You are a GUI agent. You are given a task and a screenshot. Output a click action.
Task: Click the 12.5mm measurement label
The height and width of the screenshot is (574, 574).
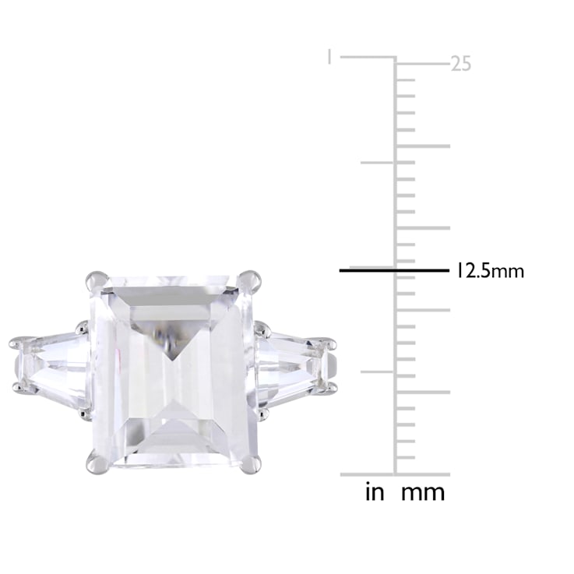(x=490, y=271)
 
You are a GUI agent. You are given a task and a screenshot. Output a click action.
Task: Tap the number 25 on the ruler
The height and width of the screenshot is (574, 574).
(x=460, y=64)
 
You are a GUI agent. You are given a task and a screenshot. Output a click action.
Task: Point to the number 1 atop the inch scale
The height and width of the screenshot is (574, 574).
(x=329, y=57)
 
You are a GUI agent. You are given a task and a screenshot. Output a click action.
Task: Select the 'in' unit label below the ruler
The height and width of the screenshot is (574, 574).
(x=375, y=491)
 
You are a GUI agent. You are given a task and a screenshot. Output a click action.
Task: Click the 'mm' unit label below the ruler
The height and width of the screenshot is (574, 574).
(x=423, y=493)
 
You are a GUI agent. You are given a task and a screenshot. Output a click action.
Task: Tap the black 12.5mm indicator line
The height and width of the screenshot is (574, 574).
(x=394, y=270)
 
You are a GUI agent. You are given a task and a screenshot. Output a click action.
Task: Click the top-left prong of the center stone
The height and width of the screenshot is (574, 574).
(x=97, y=281)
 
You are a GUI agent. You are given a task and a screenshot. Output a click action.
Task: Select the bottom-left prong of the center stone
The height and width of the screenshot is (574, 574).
(x=97, y=462)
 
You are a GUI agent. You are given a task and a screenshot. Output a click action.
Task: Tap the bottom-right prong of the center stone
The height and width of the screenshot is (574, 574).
(x=250, y=463)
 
